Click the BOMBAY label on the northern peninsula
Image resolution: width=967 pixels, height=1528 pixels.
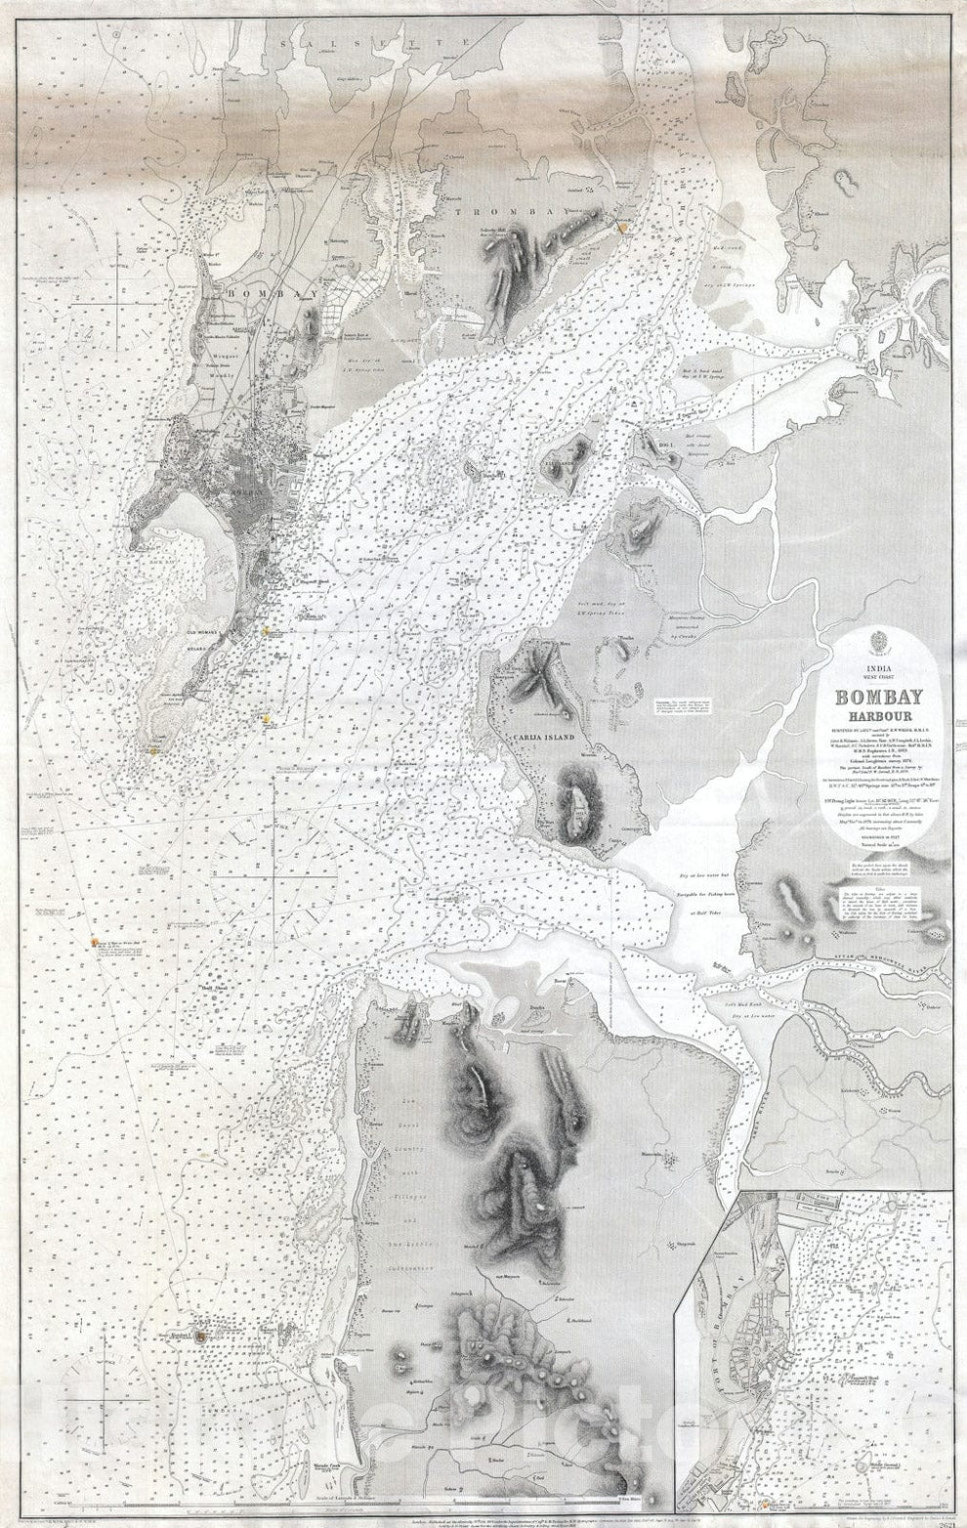point(261,292)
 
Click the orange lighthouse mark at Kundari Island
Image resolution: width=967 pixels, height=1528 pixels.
point(200,1332)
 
